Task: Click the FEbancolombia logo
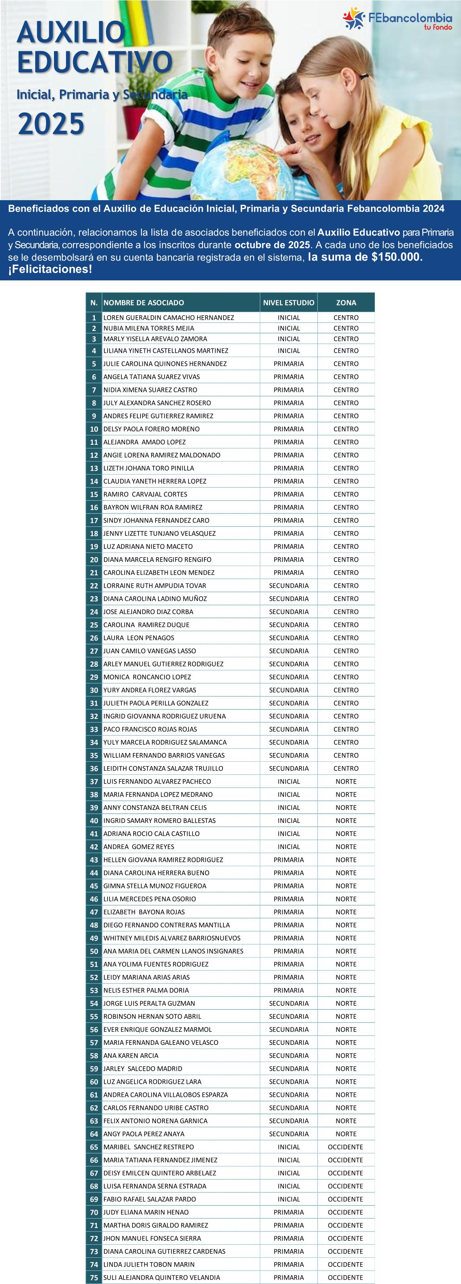click(397, 19)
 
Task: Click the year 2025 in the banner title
click(51, 124)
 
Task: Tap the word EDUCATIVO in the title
click(94, 62)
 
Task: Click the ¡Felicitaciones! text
click(50, 270)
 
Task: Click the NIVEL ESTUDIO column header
click(289, 303)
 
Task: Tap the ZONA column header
click(346, 303)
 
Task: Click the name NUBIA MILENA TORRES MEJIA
click(148, 328)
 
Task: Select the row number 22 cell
click(94, 586)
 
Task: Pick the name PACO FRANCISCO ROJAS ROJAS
click(150, 729)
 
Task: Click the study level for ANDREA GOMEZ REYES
click(289, 847)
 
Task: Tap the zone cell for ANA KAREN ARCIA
click(346, 1056)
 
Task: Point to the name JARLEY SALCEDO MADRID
click(142, 1069)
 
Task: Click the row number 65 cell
click(94, 1147)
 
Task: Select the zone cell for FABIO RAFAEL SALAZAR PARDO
click(346, 1199)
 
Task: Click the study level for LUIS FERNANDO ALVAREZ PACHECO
click(289, 782)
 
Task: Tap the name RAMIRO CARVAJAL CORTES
click(145, 494)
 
